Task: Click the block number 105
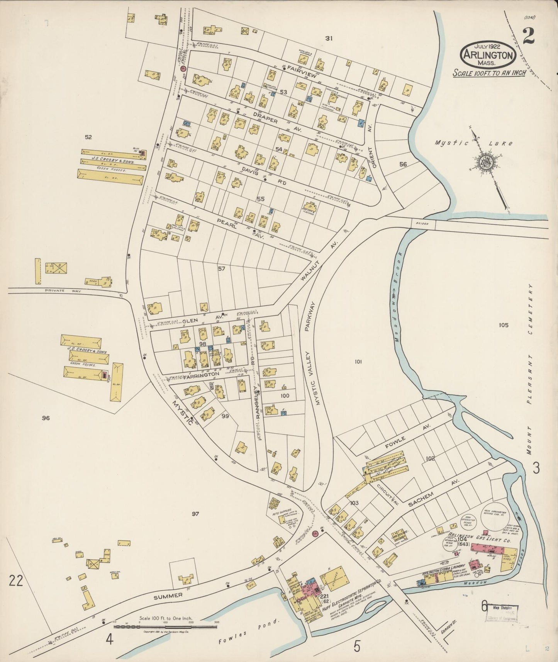point(503,325)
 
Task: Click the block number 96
point(46,418)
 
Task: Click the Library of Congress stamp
point(502,614)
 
